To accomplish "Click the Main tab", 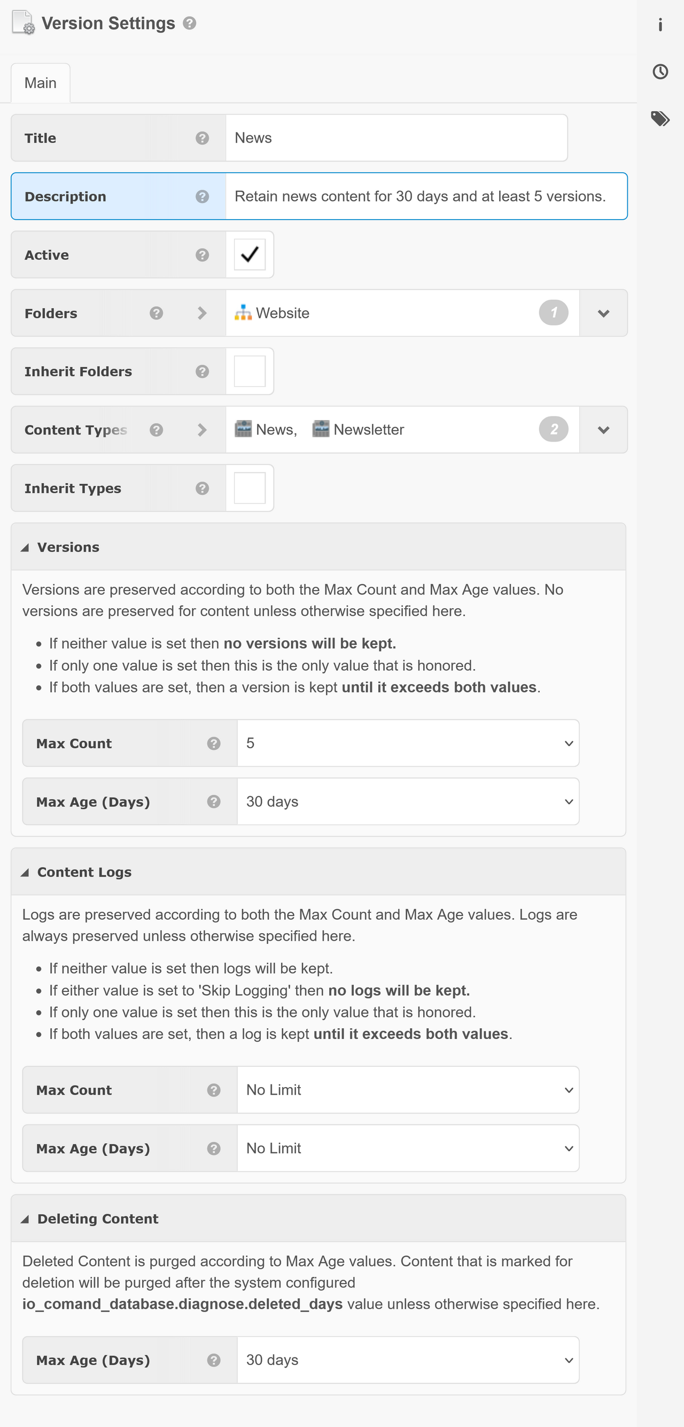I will coord(41,83).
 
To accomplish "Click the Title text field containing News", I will coord(396,138).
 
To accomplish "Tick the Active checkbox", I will coord(250,255).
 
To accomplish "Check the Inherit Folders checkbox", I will coord(250,371).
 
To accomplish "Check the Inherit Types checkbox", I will coord(250,488).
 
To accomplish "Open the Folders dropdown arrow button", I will coord(603,314).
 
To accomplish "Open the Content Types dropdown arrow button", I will coord(603,430).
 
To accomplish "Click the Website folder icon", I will coord(243,313).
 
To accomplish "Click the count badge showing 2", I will coord(553,430).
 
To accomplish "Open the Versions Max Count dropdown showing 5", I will coord(408,743).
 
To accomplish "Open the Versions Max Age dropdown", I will coord(408,802).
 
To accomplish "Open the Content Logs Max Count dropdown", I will coord(408,1090).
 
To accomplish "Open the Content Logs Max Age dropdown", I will coord(408,1149).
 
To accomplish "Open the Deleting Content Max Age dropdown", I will coord(408,1360).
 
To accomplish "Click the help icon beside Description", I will coord(202,197).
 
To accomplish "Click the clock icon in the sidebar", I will coord(660,72).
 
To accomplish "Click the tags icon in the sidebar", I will coord(660,119).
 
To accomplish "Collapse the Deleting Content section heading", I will coord(97,1219).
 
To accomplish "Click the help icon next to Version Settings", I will coord(189,24).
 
